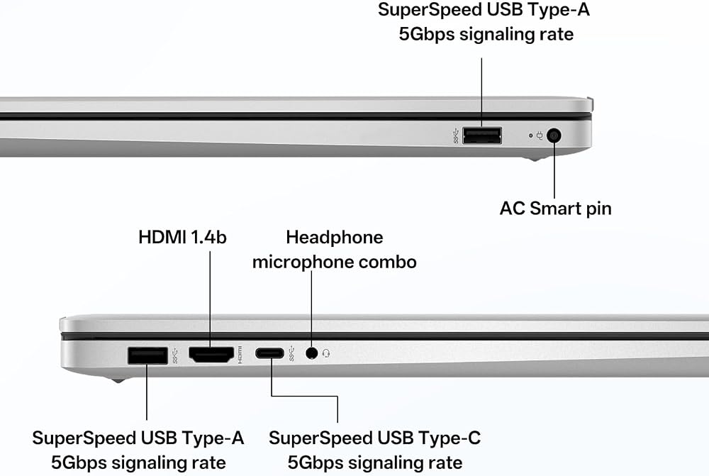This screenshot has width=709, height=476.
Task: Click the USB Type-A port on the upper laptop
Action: coord(482,135)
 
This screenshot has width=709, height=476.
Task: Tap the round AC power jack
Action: coord(554,135)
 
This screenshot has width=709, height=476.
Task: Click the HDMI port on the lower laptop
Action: coord(211,354)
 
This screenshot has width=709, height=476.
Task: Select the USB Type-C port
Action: coord(269,353)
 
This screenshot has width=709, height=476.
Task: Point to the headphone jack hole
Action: coord(311,353)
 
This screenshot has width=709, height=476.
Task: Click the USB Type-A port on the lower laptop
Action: coord(147,355)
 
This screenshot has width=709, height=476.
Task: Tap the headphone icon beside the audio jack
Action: coord(326,353)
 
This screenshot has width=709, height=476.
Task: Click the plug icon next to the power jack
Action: coord(540,135)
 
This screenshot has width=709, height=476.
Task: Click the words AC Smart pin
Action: coord(555,209)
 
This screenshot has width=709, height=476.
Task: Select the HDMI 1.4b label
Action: coord(182,237)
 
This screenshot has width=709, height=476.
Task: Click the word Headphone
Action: coord(335,237)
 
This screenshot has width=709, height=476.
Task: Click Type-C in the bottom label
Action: coord(449,438)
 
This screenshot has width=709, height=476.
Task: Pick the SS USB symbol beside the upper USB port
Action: coord(456,135)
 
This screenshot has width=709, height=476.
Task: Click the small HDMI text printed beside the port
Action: coord(240,355)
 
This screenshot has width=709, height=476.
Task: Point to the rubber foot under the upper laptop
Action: coord(535,158)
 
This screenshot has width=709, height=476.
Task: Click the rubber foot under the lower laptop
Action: coord(118,380)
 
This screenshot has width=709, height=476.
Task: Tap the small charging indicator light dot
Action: coord(531,135)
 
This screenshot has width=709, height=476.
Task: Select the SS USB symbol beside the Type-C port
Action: coord(291,353)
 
